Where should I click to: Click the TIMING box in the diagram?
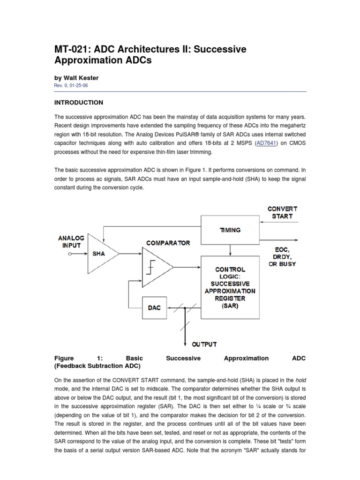click(x=229, y=230)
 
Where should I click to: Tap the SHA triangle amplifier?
click(x=100, y=254)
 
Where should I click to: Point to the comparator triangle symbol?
click(x=157, y=267)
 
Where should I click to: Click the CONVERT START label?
click(x=282, y=212)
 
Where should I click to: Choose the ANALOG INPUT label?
click(x=71, y=241)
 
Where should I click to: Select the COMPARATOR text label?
click(x=168, y=243)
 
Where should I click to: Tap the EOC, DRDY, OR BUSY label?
click(x=281, y=257)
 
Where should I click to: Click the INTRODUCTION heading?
click(x=79, y=103)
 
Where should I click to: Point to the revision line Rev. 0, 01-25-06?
click(x=71, y=85)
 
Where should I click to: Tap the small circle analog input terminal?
click(x=70, y=254)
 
